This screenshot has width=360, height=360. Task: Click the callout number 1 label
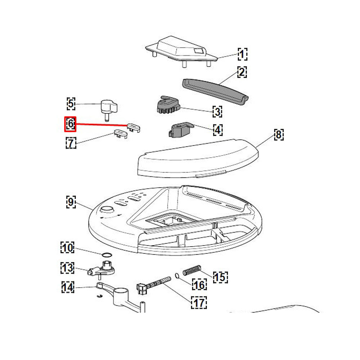(242, 54)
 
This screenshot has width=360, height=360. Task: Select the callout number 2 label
(242, 72)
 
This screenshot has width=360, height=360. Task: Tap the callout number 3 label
(217, 112)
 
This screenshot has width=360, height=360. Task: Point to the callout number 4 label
(218, 130)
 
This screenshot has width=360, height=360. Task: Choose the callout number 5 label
(71, 104)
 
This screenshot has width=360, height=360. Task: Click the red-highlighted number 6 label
(70, 124)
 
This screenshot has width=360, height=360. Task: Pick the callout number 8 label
(279, 135)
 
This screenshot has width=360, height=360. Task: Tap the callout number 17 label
(199, 302)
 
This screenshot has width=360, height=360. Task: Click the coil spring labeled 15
(192, 270)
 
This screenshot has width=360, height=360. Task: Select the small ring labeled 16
(177, 276)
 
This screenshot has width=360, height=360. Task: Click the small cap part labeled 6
(134, 127)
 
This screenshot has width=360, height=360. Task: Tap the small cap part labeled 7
(121, 134)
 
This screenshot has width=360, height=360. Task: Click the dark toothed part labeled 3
(168, 105)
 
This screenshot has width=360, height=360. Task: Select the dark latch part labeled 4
(181, 130)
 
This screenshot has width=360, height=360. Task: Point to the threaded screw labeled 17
(154, 285)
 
